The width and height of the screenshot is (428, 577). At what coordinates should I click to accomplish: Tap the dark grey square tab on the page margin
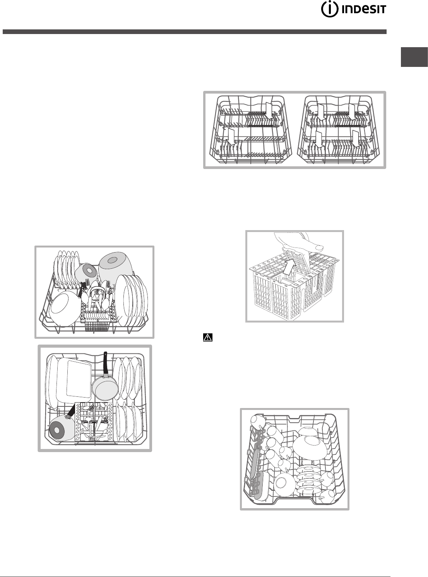(414, 57)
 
